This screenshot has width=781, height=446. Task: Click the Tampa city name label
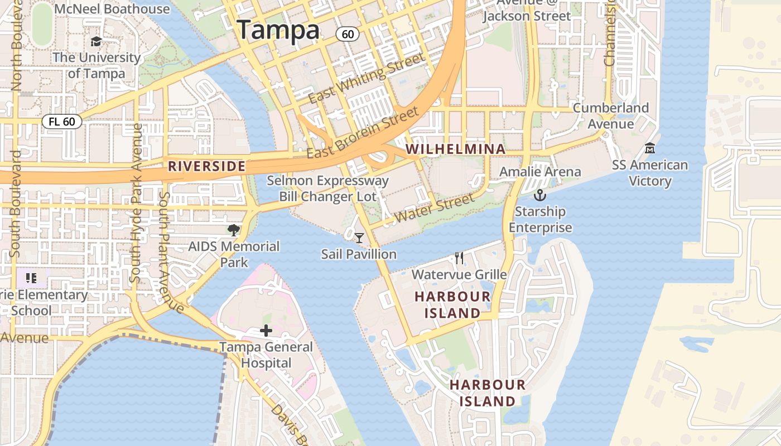point(278,30)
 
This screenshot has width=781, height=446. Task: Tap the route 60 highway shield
point(347,34)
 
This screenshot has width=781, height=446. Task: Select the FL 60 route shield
point(61,122)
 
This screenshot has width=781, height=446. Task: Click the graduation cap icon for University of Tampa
point(96,42)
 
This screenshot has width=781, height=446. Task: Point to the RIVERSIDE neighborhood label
point(207,166)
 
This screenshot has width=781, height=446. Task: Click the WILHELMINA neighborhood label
point(456,149)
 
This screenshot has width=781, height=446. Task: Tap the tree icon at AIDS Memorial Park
point(234,230)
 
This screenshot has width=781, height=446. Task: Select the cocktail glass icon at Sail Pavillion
point(359,238)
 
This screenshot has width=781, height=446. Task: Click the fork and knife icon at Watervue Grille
point(459,258)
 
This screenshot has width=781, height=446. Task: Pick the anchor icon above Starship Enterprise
point(539,195)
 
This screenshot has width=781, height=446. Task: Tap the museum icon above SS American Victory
point(649,149)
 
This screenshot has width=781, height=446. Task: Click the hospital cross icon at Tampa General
point(266,331)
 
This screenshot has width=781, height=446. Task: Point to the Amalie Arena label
point(540,172)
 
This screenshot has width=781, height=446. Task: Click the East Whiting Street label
point(367,78)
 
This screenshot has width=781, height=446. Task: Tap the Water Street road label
point(434,207)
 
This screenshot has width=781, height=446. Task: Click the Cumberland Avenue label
point(611,115)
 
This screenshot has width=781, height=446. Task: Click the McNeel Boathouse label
point(113,9)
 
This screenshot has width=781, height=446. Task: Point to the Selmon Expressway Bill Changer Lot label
point(327,188)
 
